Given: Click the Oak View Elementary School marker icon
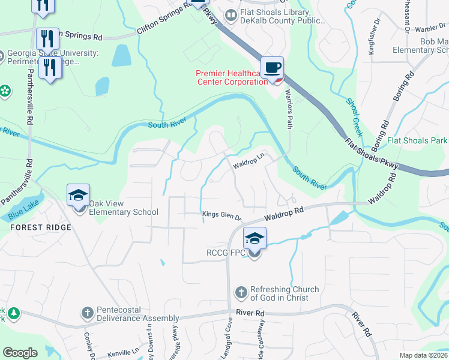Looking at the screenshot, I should click(x=79, y=196).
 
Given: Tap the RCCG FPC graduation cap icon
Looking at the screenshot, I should click(x=255, y=239).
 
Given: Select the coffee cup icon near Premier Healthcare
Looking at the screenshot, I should click(x=272, y=68).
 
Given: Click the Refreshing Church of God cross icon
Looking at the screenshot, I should click(x=241, y=293).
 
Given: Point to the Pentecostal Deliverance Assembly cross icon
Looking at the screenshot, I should click(x=88, y=313).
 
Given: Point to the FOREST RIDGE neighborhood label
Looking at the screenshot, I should click(x=40, y=227).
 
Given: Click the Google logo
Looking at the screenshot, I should click(x=20, y=352).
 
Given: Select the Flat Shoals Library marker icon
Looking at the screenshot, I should click(x=230, y=14).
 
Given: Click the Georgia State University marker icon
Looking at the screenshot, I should click(x=2, y=56).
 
